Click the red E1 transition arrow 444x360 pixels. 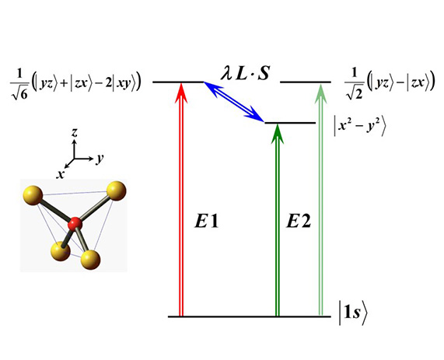[180, 199]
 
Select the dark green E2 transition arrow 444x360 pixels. [278, 220]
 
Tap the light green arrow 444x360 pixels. [320, 199]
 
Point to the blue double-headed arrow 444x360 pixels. [233, 102]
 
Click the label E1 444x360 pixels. [206, 222]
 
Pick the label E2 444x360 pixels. [299, 222]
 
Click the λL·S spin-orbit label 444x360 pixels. [245, 73]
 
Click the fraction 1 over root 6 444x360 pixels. [19, 85]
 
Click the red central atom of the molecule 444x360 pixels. [75, 224]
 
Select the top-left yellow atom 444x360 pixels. [33, 195]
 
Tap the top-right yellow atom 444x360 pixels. [117, 191]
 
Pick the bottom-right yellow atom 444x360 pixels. [90, 260]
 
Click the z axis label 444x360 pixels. [75, 132]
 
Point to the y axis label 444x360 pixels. [100, 159]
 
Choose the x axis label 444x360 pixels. [60, 174]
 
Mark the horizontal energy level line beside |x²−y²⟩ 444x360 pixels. [290, 123]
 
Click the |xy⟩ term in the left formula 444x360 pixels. [124, 85]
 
